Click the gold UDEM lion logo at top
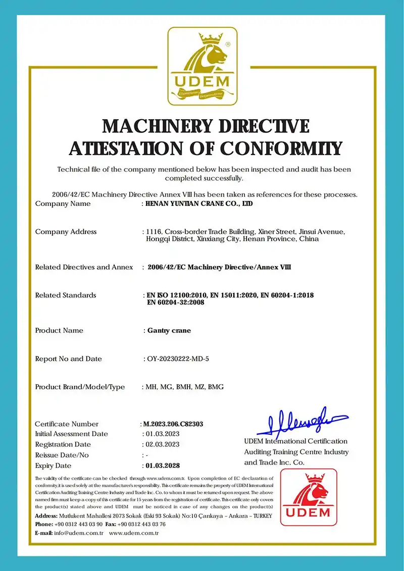click(202, 66)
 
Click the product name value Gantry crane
click(169, 331)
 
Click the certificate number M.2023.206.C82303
click(173, 424)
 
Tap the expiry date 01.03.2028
click(163, 465)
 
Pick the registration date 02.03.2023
click(162, 444)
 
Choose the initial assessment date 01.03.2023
click(162, 434)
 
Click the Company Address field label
click(66, 232)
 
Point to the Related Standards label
click(65, 295)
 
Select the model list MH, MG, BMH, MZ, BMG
click(184, 387)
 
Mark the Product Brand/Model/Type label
click(80, 387)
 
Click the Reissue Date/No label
click(62, 455)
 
